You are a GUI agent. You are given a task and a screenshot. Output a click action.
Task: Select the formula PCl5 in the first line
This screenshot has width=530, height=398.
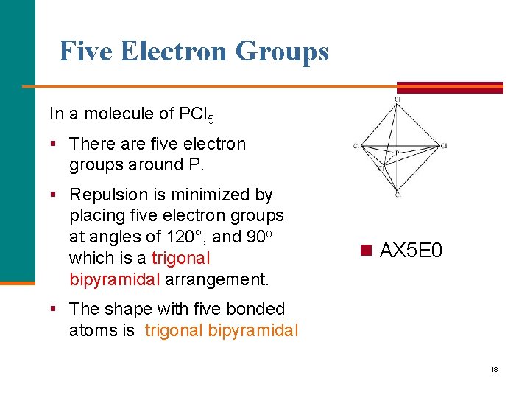click(x=198, y=114)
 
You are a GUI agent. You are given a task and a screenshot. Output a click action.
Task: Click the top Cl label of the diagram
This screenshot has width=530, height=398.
click(x=397, y=99)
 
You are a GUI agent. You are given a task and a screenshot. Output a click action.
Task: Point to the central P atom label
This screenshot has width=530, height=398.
click(x=397, y=153)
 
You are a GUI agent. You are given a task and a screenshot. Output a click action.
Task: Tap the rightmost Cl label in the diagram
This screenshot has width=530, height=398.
click(x=444, y=146)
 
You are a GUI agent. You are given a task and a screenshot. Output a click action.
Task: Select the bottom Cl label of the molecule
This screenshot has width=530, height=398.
click(x=397, y=195)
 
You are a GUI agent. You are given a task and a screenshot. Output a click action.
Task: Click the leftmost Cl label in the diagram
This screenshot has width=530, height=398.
click(x=355, y=146)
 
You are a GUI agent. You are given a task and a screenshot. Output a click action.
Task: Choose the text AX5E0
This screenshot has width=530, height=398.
click(x=411, y=251)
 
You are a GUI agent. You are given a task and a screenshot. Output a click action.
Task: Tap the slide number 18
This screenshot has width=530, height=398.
click(x=494, y=369)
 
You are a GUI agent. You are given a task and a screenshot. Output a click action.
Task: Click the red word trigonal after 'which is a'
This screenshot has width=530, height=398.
click(x=181, y=259)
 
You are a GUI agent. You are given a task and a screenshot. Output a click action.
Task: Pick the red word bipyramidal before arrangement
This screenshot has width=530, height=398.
click(x=115, y=280)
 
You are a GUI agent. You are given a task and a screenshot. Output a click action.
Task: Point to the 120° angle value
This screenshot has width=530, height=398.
click(x=189, y=237)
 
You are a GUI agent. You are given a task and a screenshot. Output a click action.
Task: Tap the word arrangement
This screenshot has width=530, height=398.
click(x=217, y=280)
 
